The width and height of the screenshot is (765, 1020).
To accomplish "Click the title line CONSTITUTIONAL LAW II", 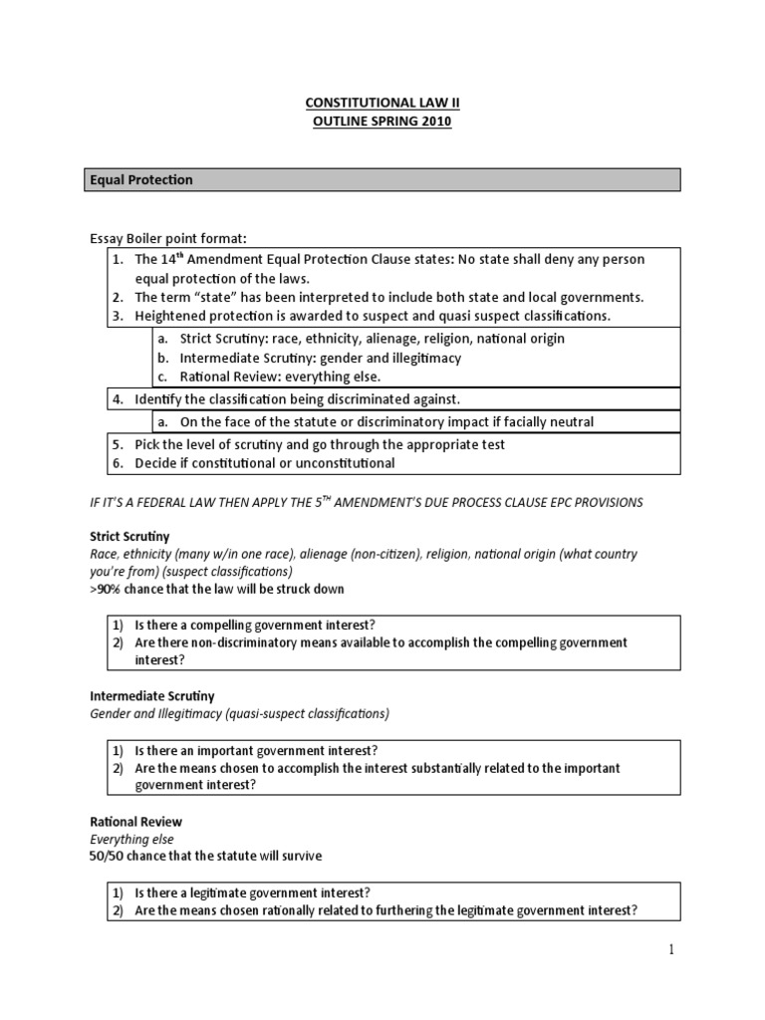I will tap(382, 102).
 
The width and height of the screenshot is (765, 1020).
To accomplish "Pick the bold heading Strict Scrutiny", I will tap(129, 536).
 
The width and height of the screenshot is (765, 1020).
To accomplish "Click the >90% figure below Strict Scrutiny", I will tap(108, 589).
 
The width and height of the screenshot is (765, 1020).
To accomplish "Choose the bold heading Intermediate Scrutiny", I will tap(152, 695).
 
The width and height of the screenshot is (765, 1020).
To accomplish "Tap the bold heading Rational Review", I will tap(135, 822).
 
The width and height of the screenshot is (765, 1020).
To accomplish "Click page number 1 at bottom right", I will tap(671, 950).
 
